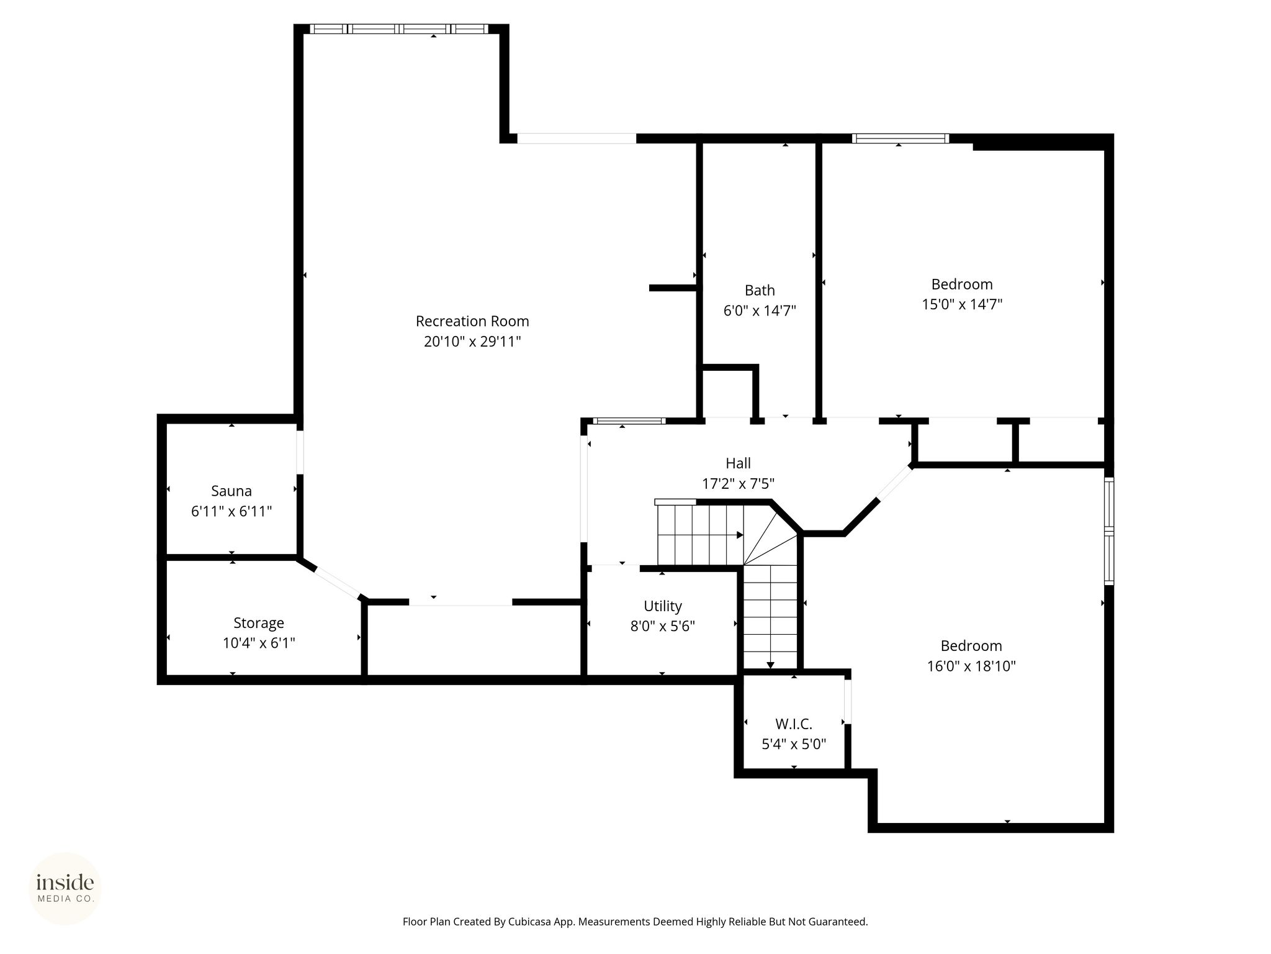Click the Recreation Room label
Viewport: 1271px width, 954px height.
(x=472, y=321)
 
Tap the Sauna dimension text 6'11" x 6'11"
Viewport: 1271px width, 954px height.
(x=231, y=511)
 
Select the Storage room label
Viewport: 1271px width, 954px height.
(x=259, y=623)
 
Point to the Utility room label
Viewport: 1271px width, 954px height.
(x=663, y=606)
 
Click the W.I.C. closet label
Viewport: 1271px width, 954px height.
(x=794, y=724)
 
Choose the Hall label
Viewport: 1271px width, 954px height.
(x=738, y=463)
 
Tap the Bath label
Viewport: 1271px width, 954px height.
(x=760, y=290)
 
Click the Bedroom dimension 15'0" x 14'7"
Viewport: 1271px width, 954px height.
(x=962, y=304)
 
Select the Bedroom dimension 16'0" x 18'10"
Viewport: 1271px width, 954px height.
(x=971, y=666)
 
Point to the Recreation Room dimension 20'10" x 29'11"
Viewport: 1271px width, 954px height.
(x=472, y=341)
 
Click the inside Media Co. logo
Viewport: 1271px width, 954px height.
(x=65, y=888)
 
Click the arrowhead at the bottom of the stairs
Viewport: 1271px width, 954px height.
(x=770, y=665)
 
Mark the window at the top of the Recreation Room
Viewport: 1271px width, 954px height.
(x=399, y=29)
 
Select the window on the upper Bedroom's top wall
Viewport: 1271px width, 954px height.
(x=900, y=139)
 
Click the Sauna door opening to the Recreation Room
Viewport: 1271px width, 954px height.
(x=300, y=452)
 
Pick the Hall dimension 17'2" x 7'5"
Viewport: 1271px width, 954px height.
(x=738, y=483)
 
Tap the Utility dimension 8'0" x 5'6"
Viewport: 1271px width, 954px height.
(x=663, y=626)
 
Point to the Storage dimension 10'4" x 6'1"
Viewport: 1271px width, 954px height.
(x=259, y=643)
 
